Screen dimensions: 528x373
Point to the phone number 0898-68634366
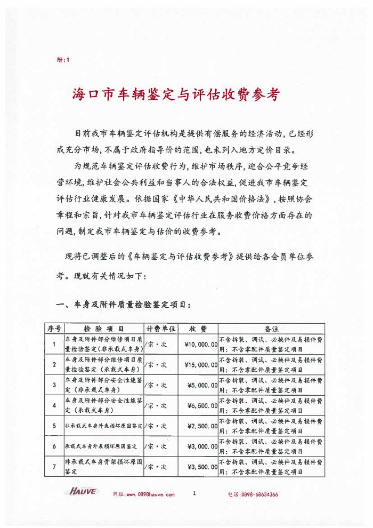[260, 494]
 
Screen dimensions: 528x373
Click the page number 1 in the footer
[194, 493]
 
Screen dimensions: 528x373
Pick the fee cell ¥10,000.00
[200, 345]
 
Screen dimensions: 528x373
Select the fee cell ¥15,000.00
[200, 365]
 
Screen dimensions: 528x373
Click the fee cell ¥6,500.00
[202, 405]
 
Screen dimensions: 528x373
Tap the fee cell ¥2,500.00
[202, 426]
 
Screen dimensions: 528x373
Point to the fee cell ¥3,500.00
[202, 466]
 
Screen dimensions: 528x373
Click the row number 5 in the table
[54, 426]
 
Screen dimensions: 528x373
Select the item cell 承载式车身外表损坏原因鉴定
[101, 446]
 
